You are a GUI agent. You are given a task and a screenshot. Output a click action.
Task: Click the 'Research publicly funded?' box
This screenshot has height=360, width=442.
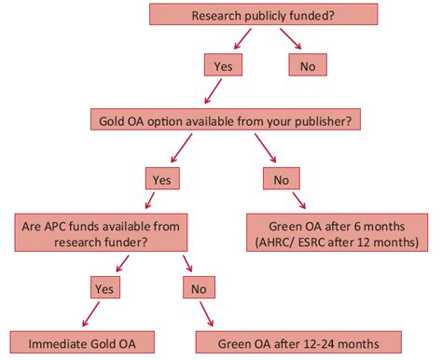(x=264, y=15)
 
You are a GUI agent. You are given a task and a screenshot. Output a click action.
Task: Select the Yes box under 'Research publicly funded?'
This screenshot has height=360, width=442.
(x=222, y=65)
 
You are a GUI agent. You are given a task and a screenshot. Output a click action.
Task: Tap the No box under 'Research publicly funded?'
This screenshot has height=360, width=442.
(x=308, y=65)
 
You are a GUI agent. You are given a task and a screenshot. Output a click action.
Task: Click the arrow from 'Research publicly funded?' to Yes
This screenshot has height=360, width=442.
(x=240, y=40)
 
